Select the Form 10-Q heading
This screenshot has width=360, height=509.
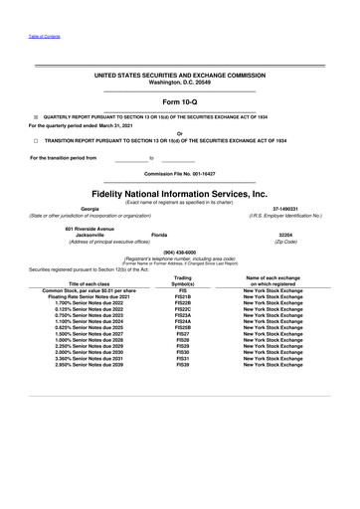[179, 102]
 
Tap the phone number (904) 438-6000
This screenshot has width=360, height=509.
[179, 253]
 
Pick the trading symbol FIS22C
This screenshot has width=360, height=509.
[182, 310]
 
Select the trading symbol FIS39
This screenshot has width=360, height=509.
[182, 365]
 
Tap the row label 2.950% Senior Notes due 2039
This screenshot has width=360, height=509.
[89, 365]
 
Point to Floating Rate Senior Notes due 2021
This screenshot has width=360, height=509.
[89, 297]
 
